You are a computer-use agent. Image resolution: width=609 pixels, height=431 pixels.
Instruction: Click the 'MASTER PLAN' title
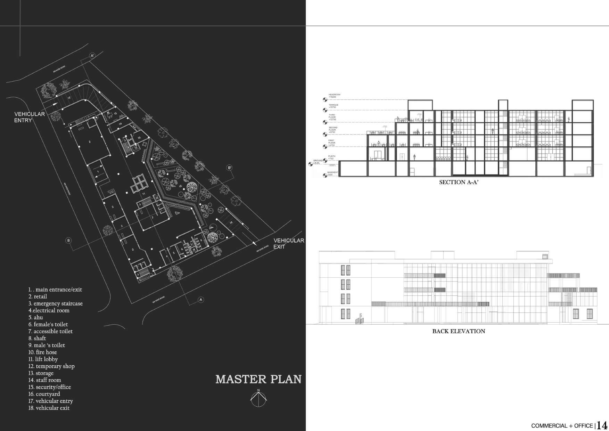tap(258, 379)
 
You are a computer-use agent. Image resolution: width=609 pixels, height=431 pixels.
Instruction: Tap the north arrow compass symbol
tap(258, 398)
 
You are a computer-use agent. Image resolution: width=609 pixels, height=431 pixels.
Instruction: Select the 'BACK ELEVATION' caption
tap(459, 331)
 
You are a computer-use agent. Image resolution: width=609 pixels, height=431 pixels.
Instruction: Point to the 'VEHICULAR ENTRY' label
tap(30, 117)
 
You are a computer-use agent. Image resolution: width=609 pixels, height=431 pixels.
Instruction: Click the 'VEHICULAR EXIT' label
tap(289, 243)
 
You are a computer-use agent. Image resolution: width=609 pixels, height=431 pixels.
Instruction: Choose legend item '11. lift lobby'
tap(43, 359)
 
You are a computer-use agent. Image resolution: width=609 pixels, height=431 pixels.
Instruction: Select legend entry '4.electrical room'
tap(49, 310)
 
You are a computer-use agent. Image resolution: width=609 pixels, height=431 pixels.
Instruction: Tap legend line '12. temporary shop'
tap(51, 366)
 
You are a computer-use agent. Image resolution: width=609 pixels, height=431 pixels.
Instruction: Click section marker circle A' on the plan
tap(92, 56)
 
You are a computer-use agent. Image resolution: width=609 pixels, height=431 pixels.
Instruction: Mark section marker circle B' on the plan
tap(229, 168)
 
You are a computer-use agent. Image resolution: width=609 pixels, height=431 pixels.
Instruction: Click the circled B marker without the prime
tap(68, 240)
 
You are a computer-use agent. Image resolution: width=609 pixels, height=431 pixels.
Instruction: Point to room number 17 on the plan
tap(69, 98)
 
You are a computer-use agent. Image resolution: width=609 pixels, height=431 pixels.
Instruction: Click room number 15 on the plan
tap(115, 114)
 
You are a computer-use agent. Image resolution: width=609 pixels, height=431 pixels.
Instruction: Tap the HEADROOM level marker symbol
tap(325, 100)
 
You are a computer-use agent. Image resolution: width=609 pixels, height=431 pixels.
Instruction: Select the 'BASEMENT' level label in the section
tap(333, 172)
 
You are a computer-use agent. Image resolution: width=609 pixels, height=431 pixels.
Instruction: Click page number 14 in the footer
tap(602, 425)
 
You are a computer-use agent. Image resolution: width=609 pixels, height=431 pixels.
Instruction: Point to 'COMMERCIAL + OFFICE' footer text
tap(562, 426)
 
